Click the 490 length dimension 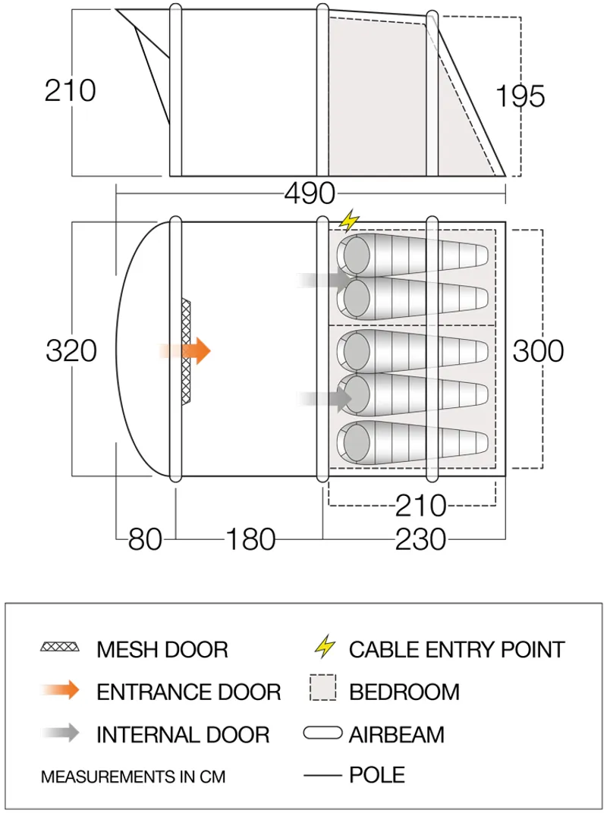pyautogui.click(x=309, y=193)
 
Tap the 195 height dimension pyautogui.click(x=521, y=96)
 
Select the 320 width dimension pyautogui.click(x=71, y=351)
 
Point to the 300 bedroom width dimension pyautogui.click(x=538, y=351)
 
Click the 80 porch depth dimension pyautogui.click(x=145, y=539)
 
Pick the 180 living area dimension pyautogui.click(x=250, y=539)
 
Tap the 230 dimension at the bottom pyautogui.click(x=420, y=539)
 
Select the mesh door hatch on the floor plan pyautogui.click(x=187, y=351)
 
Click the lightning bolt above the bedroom pyautogui.click(x=349, y=221)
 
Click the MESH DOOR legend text pyautogui.click(x=162, y=649)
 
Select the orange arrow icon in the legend pyautogui.click(x=61, y=691)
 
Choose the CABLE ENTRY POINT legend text pyautogui.click(x=457, y=649)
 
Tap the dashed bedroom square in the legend pyautogui.click(x=323, y=690)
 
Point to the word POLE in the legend pyautogui.click(x=376, y=775)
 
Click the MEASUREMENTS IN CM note pyautogui.click(x=133, y=777)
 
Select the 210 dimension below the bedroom pyautogui.click(x=420, y=504)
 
